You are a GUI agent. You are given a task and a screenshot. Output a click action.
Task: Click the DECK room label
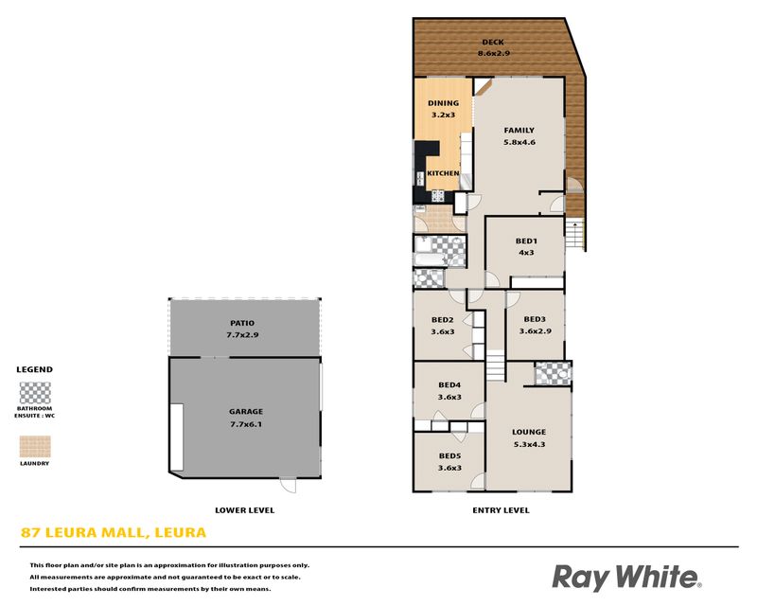493,42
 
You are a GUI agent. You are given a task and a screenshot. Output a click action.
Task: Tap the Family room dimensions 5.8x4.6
519,142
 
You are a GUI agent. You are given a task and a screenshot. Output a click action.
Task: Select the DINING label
443,103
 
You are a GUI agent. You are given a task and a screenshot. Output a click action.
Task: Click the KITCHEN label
443,173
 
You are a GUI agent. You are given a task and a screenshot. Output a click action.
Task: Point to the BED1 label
526,241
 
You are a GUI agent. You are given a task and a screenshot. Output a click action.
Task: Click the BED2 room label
442,319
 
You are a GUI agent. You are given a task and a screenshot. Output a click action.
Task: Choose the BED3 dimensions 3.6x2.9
535,331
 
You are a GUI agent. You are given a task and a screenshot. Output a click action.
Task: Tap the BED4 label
449,384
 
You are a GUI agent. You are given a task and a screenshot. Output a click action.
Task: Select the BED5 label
449,455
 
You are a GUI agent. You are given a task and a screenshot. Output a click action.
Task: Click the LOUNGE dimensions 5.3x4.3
529,444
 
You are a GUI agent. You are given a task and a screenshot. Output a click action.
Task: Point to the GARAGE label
246,412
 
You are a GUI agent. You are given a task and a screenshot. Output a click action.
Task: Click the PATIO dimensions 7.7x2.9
242,334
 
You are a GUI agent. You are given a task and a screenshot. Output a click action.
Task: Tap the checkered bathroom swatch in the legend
35,393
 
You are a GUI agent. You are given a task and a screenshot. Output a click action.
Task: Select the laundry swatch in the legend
35,446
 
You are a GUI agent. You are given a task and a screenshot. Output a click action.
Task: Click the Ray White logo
627,578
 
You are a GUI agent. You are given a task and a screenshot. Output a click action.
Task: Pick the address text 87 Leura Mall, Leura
114,532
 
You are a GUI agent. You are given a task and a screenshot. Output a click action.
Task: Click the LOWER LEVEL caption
244,509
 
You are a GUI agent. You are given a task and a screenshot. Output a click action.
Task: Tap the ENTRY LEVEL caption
501,509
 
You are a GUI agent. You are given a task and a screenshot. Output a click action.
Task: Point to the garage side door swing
289,486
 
